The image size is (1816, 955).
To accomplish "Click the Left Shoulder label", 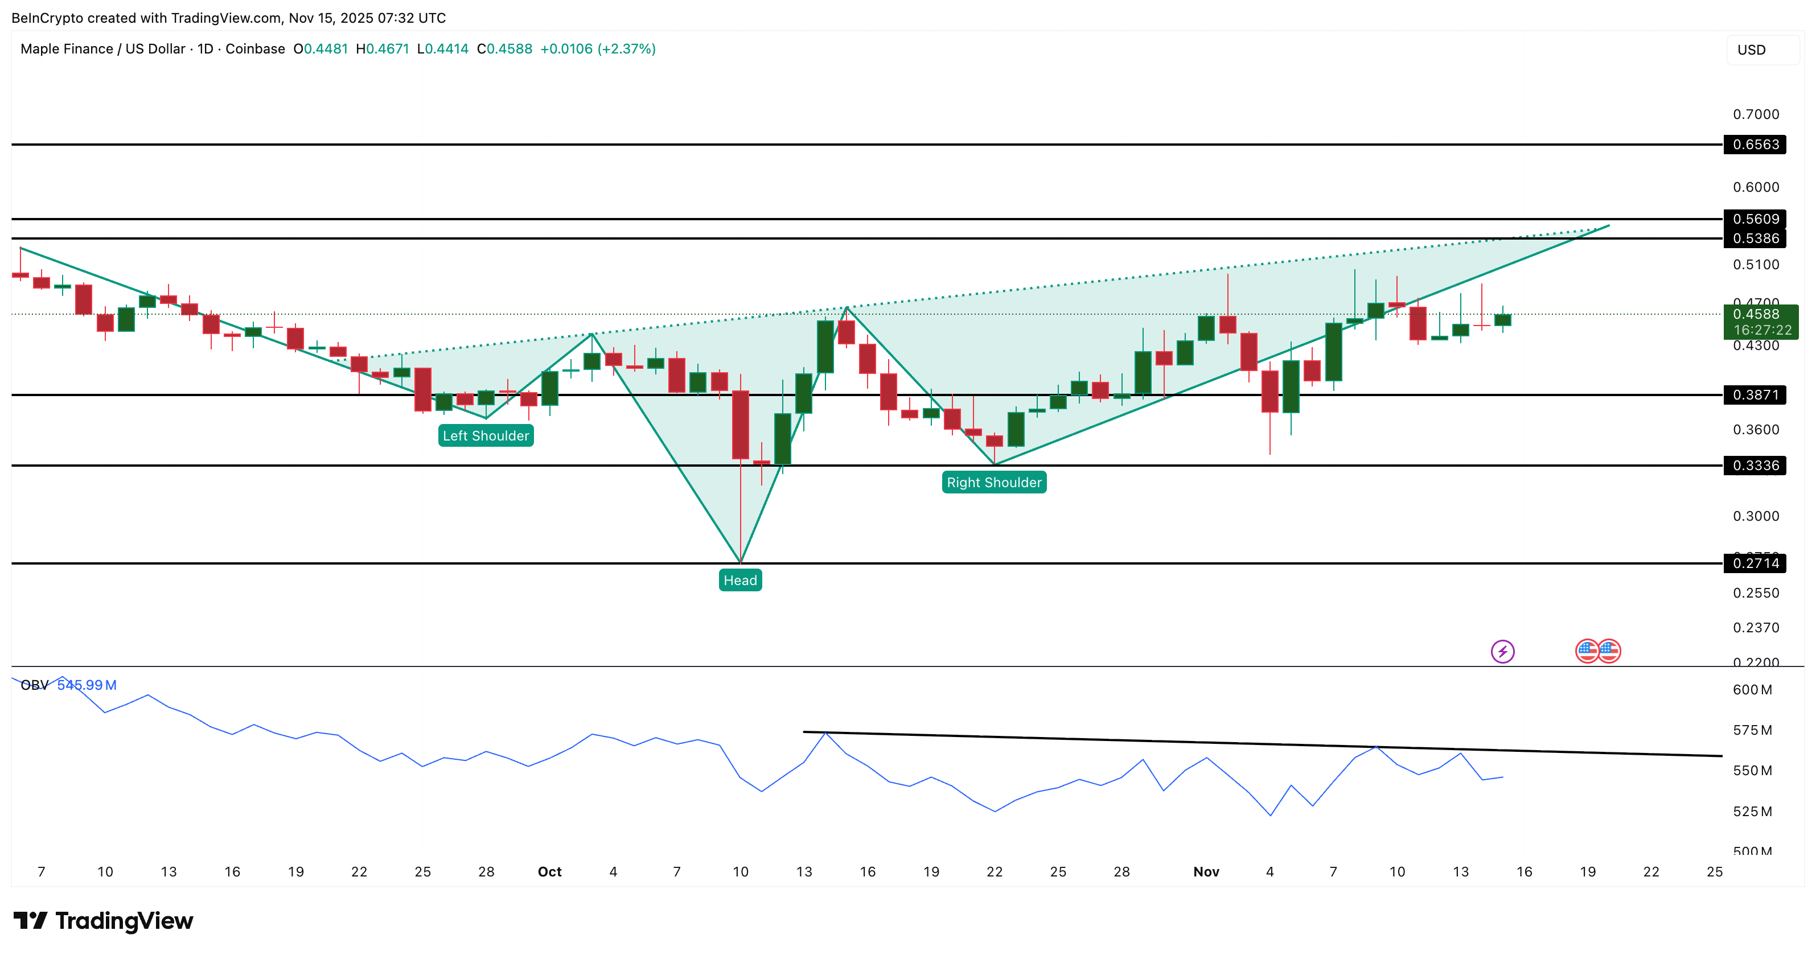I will (486, 435).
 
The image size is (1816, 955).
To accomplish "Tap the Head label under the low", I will (739, 580).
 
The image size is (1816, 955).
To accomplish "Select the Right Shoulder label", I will (993, 482).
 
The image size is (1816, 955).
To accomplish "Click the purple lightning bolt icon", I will (1502, 651).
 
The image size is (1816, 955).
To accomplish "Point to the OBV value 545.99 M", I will (87, 685).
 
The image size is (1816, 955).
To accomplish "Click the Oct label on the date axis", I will (549, 872).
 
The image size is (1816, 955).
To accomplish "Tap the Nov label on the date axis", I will (1206, 872).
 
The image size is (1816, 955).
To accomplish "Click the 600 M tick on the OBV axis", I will (1752, 690).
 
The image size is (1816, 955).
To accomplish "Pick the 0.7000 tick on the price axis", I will (1756, 114).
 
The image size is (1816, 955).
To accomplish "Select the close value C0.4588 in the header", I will (505, 48).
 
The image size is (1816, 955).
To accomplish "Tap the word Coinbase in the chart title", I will (255, 48).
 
